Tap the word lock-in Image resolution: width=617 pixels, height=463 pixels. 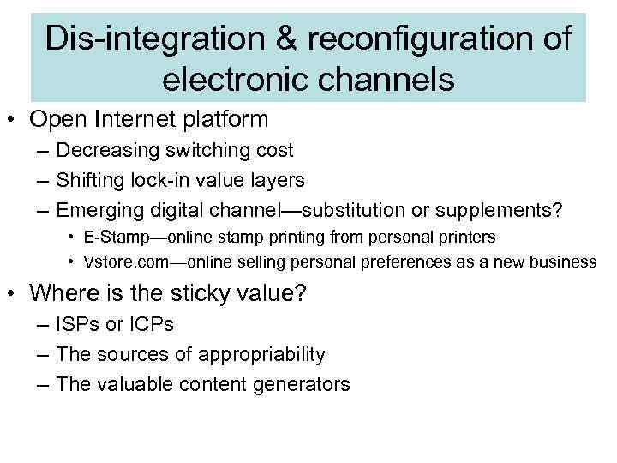(155, 181)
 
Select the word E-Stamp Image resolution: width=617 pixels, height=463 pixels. (117, 236)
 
